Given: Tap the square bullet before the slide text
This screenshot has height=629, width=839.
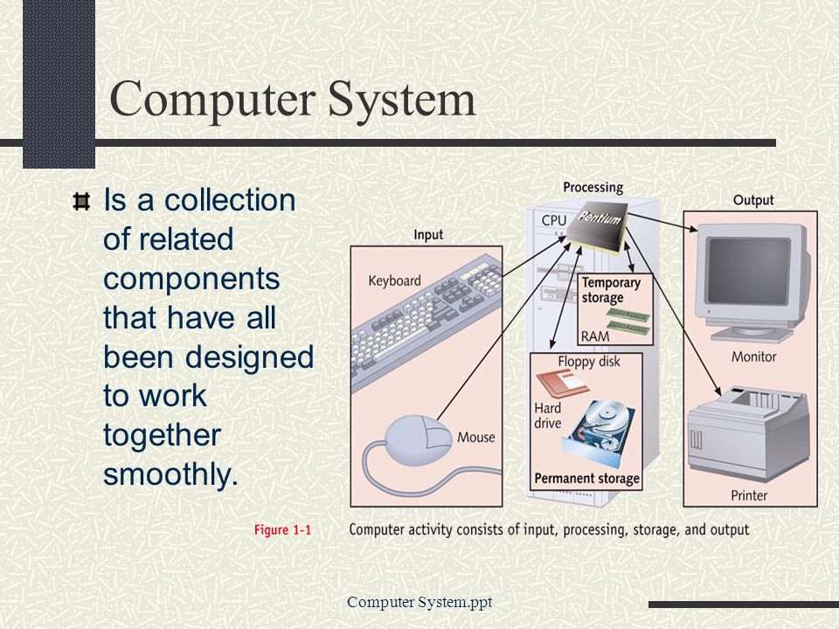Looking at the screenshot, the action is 81,202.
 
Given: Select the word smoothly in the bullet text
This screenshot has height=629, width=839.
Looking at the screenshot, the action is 170,474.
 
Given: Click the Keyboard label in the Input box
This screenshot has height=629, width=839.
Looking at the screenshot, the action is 394,280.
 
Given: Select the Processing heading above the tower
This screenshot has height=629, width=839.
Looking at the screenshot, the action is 593,188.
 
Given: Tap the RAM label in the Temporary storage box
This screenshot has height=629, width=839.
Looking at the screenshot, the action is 595,336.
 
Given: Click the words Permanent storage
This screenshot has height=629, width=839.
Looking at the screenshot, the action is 587,478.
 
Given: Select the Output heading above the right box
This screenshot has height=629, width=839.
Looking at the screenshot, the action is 753,201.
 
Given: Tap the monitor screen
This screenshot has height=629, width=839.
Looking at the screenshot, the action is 749,271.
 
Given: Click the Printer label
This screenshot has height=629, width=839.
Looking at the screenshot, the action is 749,496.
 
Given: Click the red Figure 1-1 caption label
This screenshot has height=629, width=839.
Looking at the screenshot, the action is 282,530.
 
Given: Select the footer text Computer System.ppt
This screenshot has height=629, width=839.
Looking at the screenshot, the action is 419,602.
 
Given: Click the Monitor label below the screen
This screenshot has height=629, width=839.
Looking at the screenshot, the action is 753,356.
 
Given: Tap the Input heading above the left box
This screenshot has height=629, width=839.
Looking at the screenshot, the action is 428,235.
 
